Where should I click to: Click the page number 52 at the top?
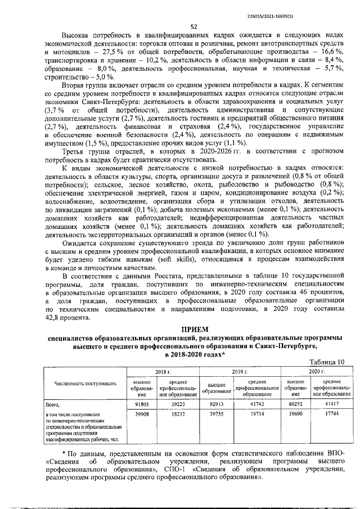coord(193,26)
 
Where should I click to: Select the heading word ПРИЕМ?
coord(193,328)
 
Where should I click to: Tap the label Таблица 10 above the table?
coord(325,362)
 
